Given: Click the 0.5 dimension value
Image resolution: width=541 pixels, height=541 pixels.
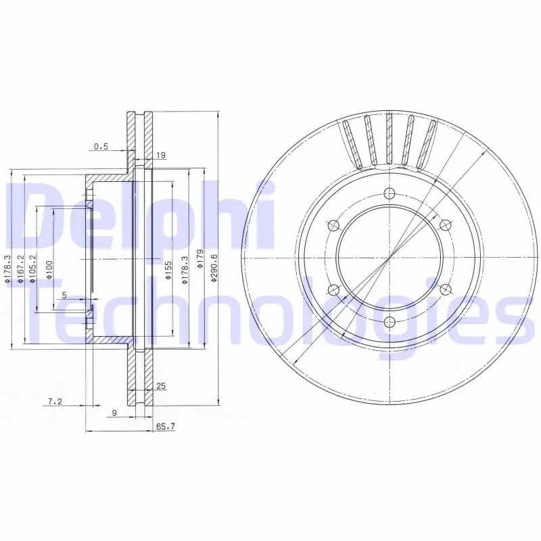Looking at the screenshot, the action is point(101,147).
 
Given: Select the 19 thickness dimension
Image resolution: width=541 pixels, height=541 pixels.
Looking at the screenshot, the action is point(161,156).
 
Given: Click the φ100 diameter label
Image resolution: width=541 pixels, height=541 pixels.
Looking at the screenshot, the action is point(49,270).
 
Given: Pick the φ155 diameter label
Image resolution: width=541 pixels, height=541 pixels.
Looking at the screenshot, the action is point(168,270).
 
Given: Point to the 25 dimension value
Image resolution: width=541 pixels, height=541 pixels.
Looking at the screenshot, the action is point(161,385).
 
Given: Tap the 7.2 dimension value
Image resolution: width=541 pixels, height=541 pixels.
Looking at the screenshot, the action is point(55,401).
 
